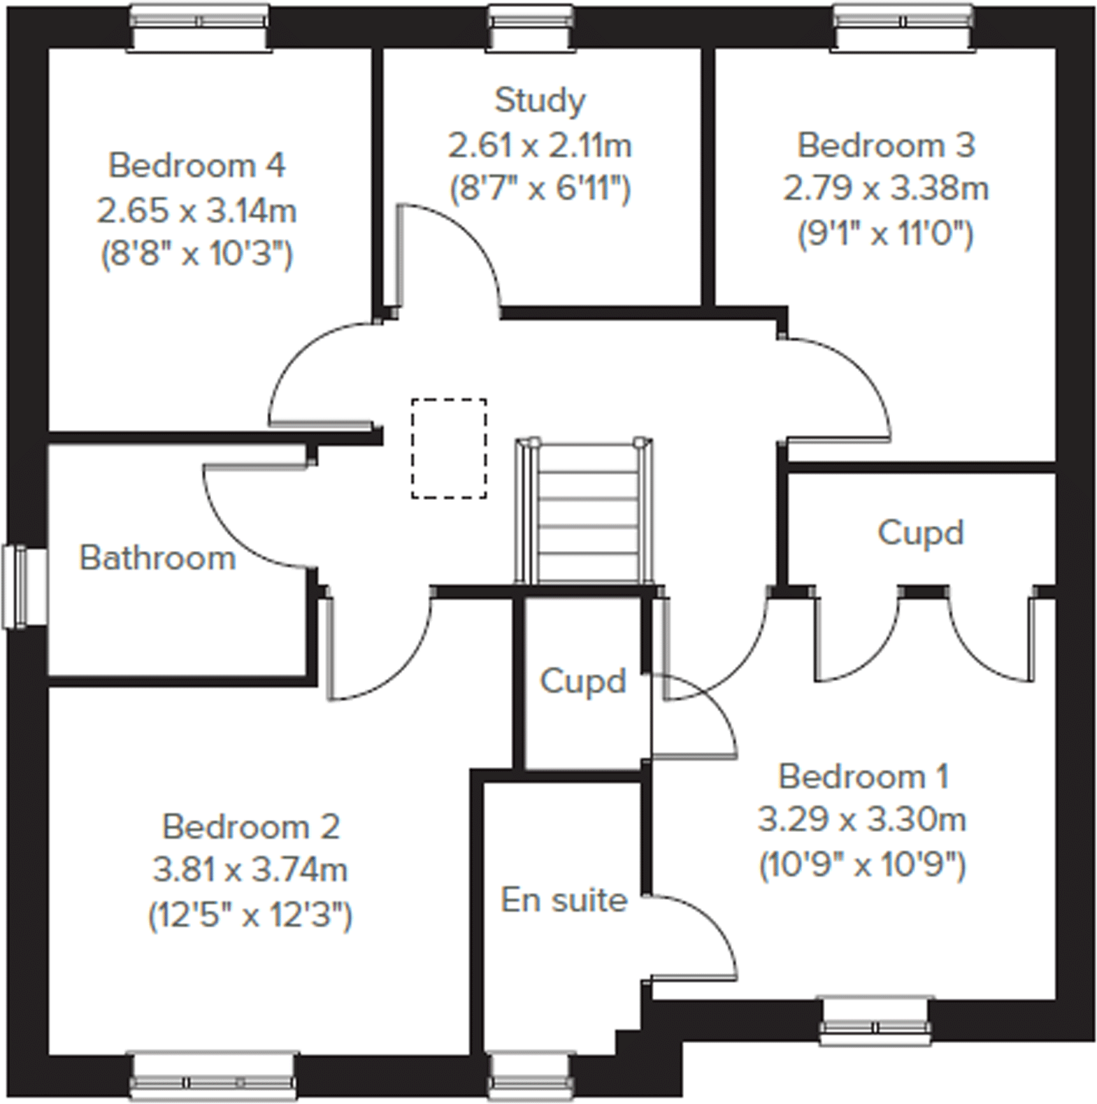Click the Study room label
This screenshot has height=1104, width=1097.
pyautogui.click(x=540, y=101)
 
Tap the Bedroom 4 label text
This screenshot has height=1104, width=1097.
pyautogui.click(x=196, y=166)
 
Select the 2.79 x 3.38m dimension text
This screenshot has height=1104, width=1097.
pyautogui.click(x=885, y=189)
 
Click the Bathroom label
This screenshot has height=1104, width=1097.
pyautogui.click(x=157, y=558)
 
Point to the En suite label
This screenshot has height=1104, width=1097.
pyautogui.click(x=564, y=900)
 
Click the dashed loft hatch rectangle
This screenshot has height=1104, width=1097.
pyautogui.click(x=449, y=448)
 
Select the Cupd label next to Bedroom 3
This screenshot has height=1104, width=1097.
pyautogui.click(x=921, y=533)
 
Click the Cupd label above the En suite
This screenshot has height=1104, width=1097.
pyautogui.click(x=582, y=682)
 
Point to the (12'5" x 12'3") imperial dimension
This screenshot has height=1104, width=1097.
pyautogui.click(x=250, y=915)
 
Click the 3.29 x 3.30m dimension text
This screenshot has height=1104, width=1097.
pyautogui.click(x=862, y=819)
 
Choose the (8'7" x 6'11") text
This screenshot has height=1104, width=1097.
pyautogui.click(x=540, y=189)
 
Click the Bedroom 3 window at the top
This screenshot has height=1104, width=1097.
pyautogui.click(x=904, y=28)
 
